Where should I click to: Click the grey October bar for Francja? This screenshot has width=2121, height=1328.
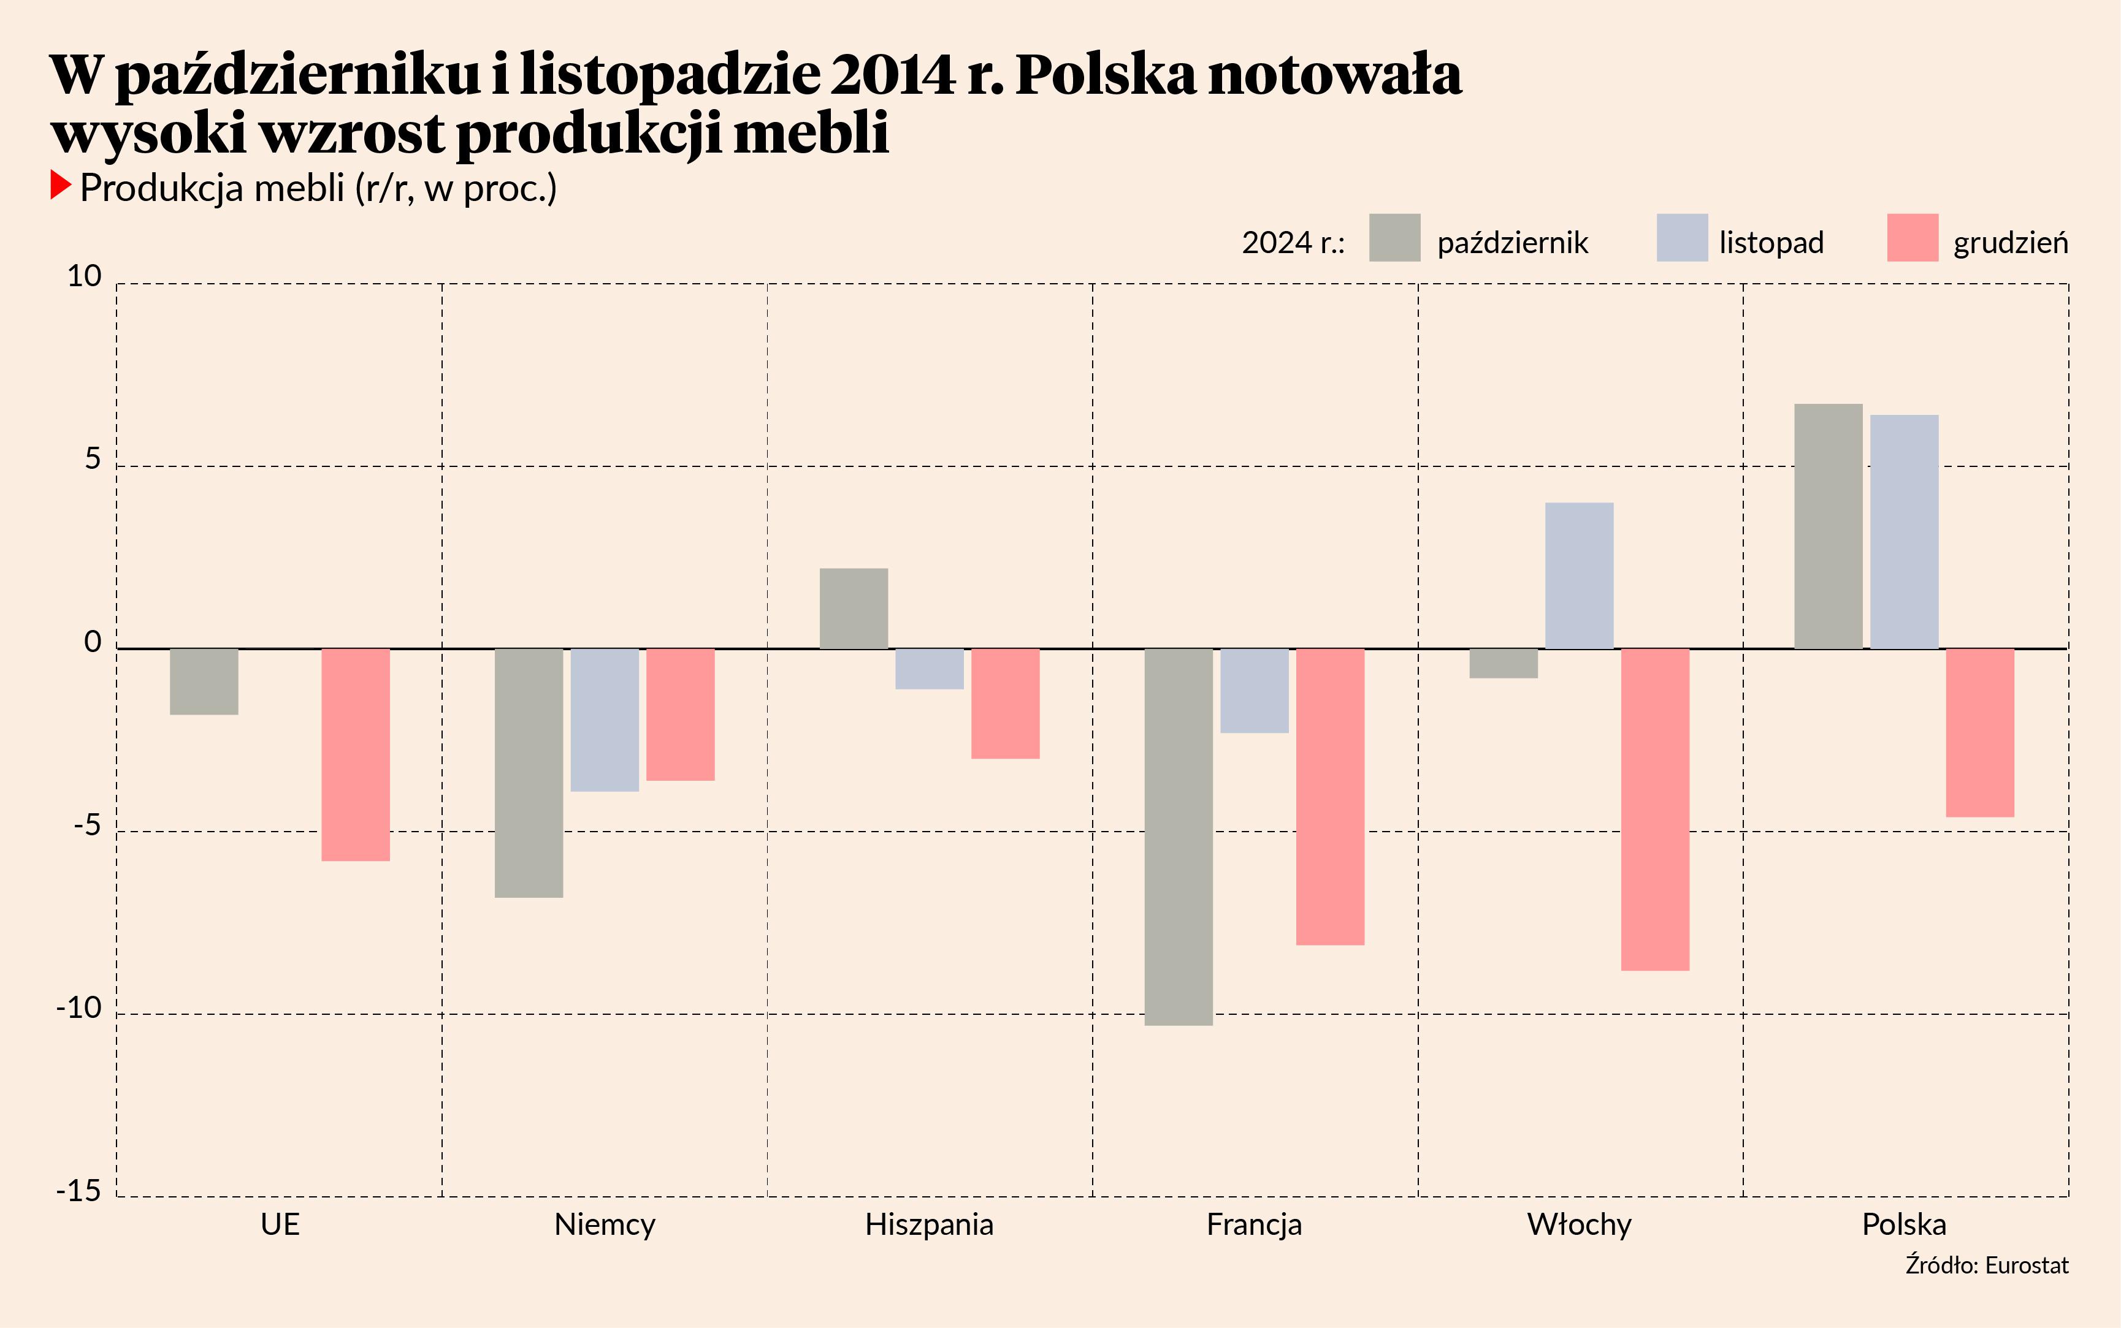(1179, 836)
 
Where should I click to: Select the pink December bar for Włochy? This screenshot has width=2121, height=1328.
(1654, 809)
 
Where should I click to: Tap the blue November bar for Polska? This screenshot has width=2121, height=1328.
(1904, 531)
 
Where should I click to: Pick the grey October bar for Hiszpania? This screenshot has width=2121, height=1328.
(853, 608)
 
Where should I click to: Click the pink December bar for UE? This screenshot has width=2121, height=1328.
(355, 754)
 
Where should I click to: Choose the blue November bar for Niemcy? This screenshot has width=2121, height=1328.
(605, 719)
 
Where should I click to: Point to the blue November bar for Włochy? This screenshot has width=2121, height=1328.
(1579, 575)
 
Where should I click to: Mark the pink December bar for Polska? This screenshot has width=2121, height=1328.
(1979, 732)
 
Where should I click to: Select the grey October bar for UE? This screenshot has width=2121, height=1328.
(204, 681)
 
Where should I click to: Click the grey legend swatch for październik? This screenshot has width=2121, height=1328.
(1394, 237)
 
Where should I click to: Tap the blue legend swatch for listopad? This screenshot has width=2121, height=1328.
(1682, 237)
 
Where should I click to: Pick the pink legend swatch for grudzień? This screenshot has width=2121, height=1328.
(1912, 237)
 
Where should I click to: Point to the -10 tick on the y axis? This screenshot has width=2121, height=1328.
(79, 1007)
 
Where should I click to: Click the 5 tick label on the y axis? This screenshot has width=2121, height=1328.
(92, 460)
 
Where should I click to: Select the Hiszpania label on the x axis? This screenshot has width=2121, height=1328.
(929, 1224)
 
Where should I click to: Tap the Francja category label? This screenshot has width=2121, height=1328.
(1254, 1224)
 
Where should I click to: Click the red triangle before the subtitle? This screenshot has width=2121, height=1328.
(59, 185)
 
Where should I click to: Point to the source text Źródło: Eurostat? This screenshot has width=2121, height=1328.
(1987, 1265)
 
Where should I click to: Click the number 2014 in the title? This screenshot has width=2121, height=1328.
(891, 75)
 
